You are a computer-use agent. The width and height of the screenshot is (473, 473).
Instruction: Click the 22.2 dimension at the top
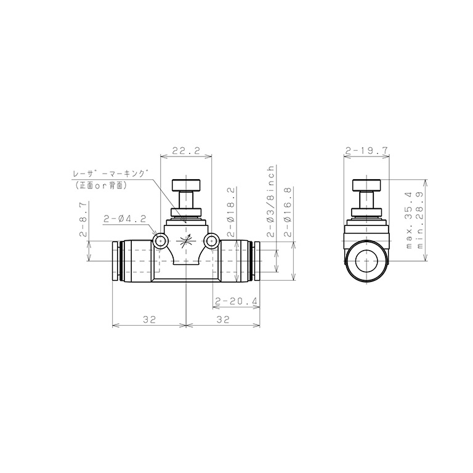point(186,151)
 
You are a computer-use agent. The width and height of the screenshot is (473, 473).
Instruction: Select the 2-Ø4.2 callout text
point(124,219)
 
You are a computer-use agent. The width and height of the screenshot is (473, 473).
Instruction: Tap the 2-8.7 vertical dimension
point(83,219)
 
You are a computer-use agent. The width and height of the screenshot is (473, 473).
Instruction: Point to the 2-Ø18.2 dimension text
point(231,212)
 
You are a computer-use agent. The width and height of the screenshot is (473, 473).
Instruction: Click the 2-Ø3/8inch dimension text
point(271,201)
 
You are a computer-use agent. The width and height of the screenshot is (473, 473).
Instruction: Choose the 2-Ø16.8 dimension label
point(288,212)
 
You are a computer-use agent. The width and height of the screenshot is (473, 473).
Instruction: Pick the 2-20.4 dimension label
point(236,301)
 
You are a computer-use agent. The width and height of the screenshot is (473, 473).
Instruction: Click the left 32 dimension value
point(149,320)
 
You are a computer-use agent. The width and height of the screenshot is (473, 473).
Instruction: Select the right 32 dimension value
point(223,320)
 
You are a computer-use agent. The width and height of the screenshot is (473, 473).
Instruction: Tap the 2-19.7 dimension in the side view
point(366,151)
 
